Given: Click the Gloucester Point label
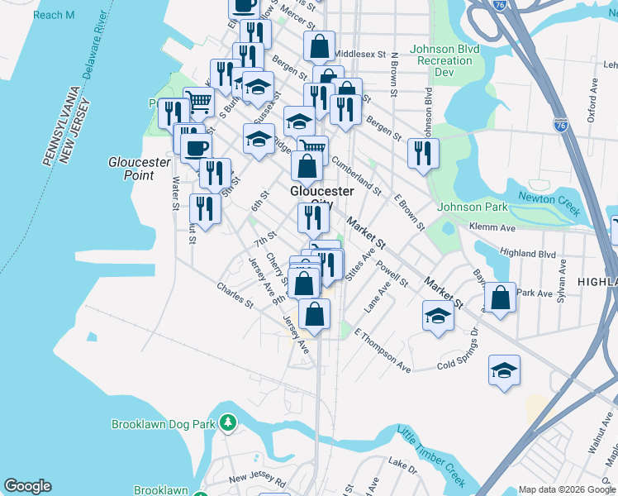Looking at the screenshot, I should (x=131, y=169).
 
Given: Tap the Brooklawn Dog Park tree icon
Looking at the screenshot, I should (x=229, y=423).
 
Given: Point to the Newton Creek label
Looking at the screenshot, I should (x=548, y=203).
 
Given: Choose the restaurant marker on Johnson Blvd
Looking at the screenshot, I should (x=423, y=152).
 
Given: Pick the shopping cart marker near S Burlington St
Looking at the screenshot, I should (x=199, y=103).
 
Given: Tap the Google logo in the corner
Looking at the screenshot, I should (x=27, y=486).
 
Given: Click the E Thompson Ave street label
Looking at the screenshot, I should (x=382, y=350).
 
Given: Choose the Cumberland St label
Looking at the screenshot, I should (x=356, y=176).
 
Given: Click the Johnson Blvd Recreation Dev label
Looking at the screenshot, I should (x=446, y=61).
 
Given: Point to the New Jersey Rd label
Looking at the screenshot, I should (x=258, y=479).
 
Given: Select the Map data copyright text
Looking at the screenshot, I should (x=568, y=489).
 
